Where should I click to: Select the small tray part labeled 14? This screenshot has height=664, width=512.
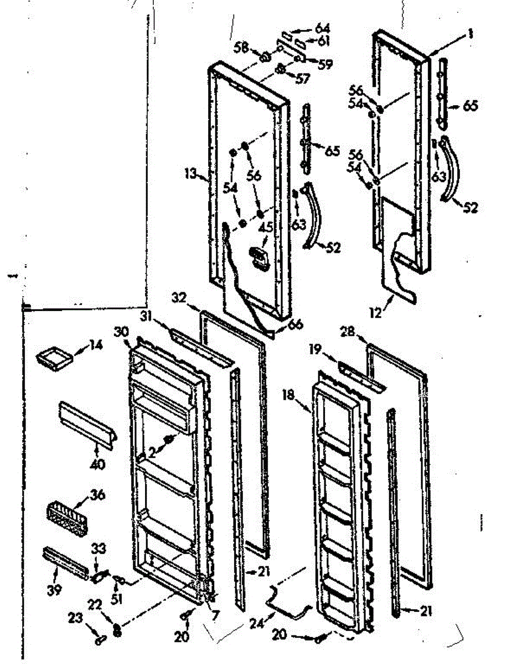coord(54,357)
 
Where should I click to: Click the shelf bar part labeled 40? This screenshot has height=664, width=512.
coord(86,423)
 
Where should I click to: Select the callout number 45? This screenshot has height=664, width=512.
coord(267,226)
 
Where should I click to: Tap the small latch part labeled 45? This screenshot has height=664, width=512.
coord(258,255)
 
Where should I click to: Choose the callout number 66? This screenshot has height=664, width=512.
coord(296,325)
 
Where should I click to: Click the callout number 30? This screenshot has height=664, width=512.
coord(121,331)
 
